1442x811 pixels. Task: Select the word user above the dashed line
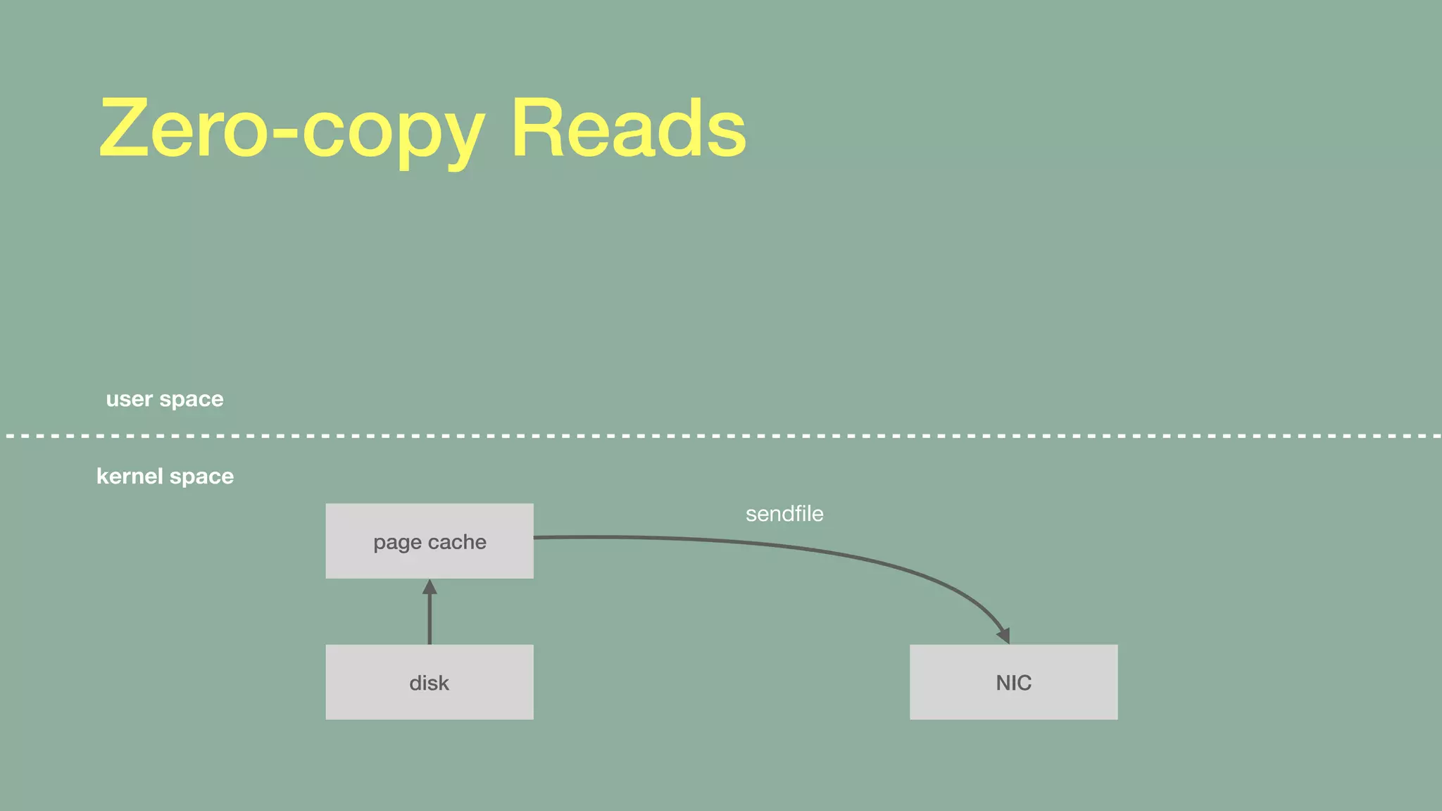(x=129, y=399)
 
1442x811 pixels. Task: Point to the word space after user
(x=192, y=400)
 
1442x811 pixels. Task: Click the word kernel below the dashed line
(x=130, y=476)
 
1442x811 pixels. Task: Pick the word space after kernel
(x=201, y=477)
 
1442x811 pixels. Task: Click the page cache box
(x=430, y=541)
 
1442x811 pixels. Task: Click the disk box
(x=430, y=681)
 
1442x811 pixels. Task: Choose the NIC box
(x=1013, y=681)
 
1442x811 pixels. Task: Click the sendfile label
(x=784, y=514)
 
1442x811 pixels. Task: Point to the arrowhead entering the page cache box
(x=430, y=586)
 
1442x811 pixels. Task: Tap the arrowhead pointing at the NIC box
(x=1004, y=635)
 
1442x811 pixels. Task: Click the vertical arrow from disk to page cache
(x=430, y=616)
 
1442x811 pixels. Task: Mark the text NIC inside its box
(x=1013, y=683)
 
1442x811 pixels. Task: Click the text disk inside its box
(x=429, y=683)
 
